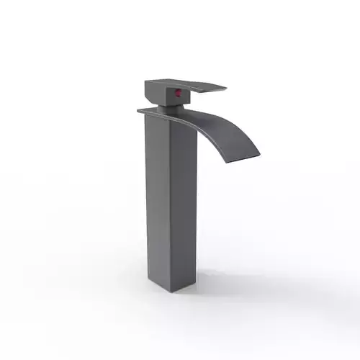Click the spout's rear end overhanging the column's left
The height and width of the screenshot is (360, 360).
pos(140,109)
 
